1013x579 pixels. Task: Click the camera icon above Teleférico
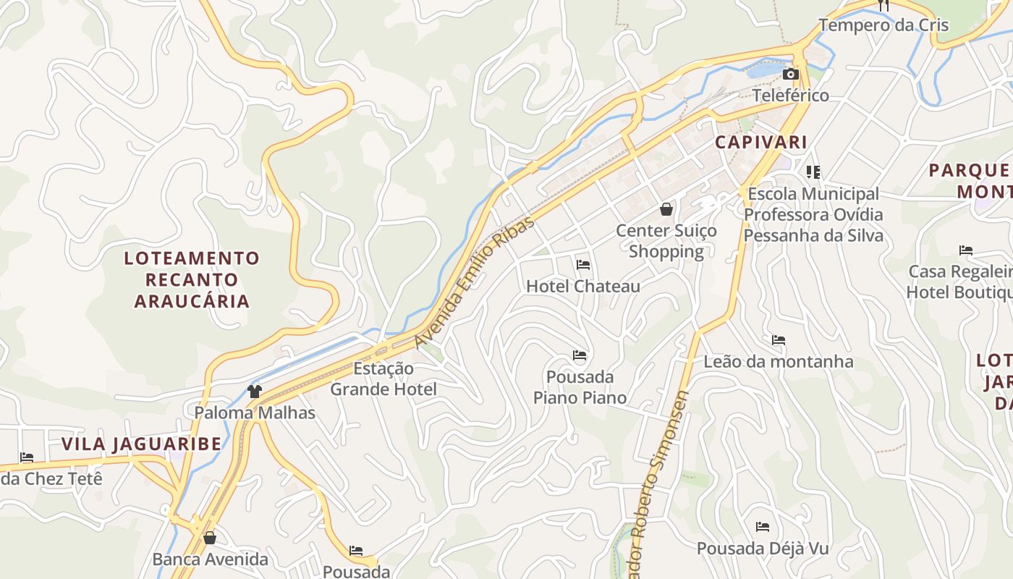click(x=791, y=74)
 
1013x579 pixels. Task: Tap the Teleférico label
click(x=791, y=96)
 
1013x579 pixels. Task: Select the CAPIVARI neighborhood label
click(x=760, y=142)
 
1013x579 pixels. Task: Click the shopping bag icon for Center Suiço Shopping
click(x=666, y=210)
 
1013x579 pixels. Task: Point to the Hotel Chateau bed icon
click(x=583, y=265)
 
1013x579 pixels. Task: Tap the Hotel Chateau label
click(x=583, y=286)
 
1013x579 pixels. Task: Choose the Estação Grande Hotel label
click(x=383, y=379)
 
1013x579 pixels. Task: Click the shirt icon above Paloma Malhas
click(x=255, y=392)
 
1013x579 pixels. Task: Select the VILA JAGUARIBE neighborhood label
click(x=141, y=444)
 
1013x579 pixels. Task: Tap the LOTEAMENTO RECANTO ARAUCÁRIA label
click(x=192, y=279)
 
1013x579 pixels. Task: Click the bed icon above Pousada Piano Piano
click(x=580, y=355)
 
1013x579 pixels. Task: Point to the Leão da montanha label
click(x=779, y=361)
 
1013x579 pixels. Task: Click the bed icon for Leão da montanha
click(x=779, y=340)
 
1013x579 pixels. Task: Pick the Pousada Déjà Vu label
click(x=763, y=548)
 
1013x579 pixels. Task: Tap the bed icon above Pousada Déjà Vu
click(x=763, y=527)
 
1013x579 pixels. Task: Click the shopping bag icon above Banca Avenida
click(x=210, y=538)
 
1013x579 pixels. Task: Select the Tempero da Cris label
click(x=883, y=25)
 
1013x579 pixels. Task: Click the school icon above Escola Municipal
click(x=813, y=172)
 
